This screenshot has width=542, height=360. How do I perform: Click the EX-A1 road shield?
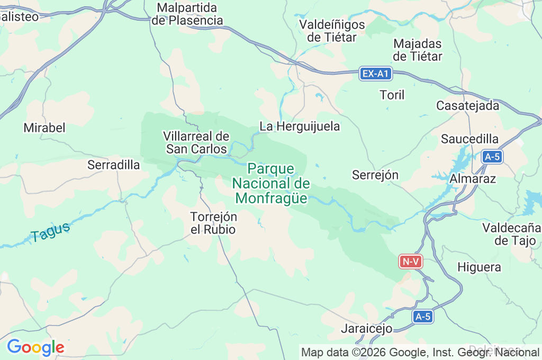[376, 74]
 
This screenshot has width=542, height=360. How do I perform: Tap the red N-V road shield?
[411, 261]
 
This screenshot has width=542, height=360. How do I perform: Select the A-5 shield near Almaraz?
[492, 157]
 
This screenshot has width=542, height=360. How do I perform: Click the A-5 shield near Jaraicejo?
[423, 317]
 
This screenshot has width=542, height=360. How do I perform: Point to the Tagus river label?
[50, 232]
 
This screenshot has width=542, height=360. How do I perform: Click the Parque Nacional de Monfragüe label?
[271, 184]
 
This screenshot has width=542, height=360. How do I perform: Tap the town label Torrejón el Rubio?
[213, 223]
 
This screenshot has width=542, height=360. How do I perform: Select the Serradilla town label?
[114, 165]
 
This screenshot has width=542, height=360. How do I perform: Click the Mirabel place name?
[44, 128]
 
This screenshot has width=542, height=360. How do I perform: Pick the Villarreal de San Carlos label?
[196, 143]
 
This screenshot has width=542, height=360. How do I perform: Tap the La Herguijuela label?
[300, 127]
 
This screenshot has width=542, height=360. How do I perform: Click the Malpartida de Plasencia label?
[187, 14]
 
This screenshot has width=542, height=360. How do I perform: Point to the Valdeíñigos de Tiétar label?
[332, 31]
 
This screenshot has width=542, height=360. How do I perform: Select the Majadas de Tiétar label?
[418, 50]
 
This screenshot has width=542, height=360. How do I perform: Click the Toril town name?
[392, 95]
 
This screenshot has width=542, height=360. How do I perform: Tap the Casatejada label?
[467, 105]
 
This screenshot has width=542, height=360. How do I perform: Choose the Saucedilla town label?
[470, 139]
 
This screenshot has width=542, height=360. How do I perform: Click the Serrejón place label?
[375, 175]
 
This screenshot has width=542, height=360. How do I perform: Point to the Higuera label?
[479, 267]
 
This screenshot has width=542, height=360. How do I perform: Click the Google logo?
[35, 347]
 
